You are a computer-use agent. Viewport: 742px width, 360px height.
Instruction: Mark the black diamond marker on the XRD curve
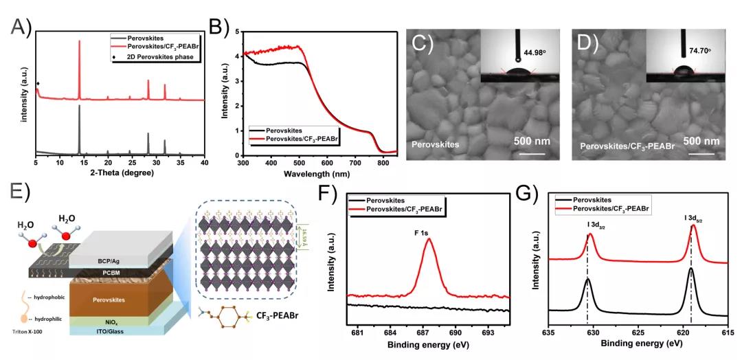tap(38, 84)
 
